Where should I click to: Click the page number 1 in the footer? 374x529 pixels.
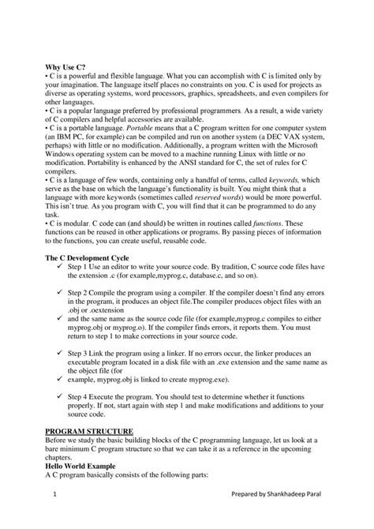pos(56,494)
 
